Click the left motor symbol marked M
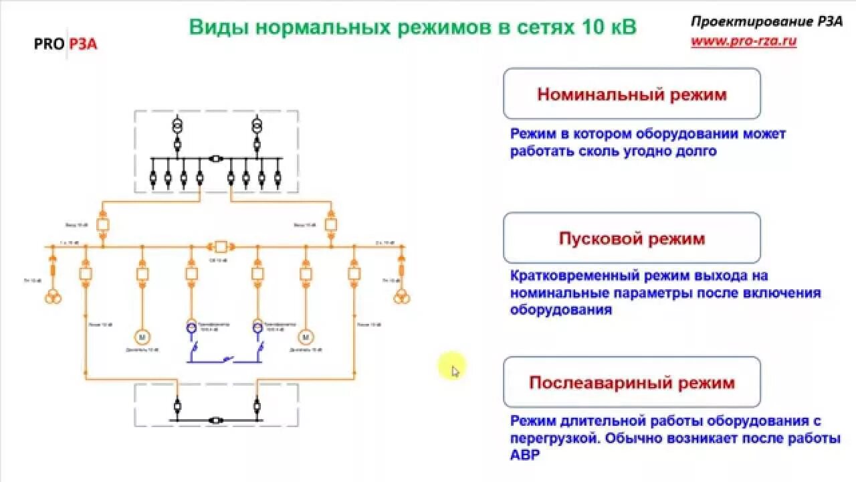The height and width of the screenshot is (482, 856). click(x=142, y=336)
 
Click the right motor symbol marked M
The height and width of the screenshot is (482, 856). click(x=306, y=336)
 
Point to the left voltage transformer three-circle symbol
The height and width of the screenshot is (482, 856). click(x=53, y=297)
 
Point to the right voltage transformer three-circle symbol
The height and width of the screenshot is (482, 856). click(x=401, y=297)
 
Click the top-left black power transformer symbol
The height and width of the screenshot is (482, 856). click(x=178, y=127)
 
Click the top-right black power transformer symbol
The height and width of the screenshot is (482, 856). click(x=255, y=127)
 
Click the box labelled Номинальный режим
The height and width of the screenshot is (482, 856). click(x=631, y=94)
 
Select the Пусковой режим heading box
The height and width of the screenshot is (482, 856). click(x=631, y=238)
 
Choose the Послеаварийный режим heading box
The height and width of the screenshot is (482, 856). click(x=631, y=382)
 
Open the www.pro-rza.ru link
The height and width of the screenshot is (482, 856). click(x=744, y=41)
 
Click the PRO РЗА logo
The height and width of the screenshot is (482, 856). click(x=66, y=44)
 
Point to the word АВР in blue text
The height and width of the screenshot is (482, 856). click(x=524, y=455)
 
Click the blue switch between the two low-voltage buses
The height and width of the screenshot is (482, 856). click(x=225, y=361)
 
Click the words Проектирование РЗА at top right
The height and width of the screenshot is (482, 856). click(x=766, y=22)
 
